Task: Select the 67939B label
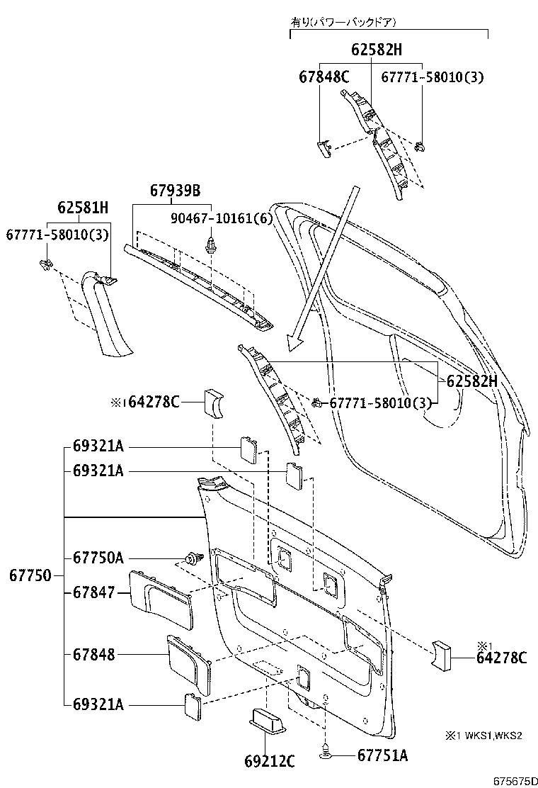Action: [175, 191]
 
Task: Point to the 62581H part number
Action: [83, 208]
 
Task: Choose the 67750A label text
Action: [98, 558]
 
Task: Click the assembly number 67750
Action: [30, 575]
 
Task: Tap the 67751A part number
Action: [380, 756]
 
